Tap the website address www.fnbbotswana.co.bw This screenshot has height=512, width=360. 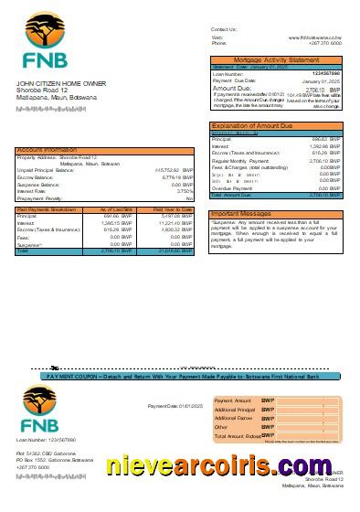click(x=315, y=37)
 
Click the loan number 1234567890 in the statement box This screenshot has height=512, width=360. click(x=326, y=73)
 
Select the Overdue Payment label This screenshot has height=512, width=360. click(x=232, y=187)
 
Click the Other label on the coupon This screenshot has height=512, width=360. click(x=221, y=427)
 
